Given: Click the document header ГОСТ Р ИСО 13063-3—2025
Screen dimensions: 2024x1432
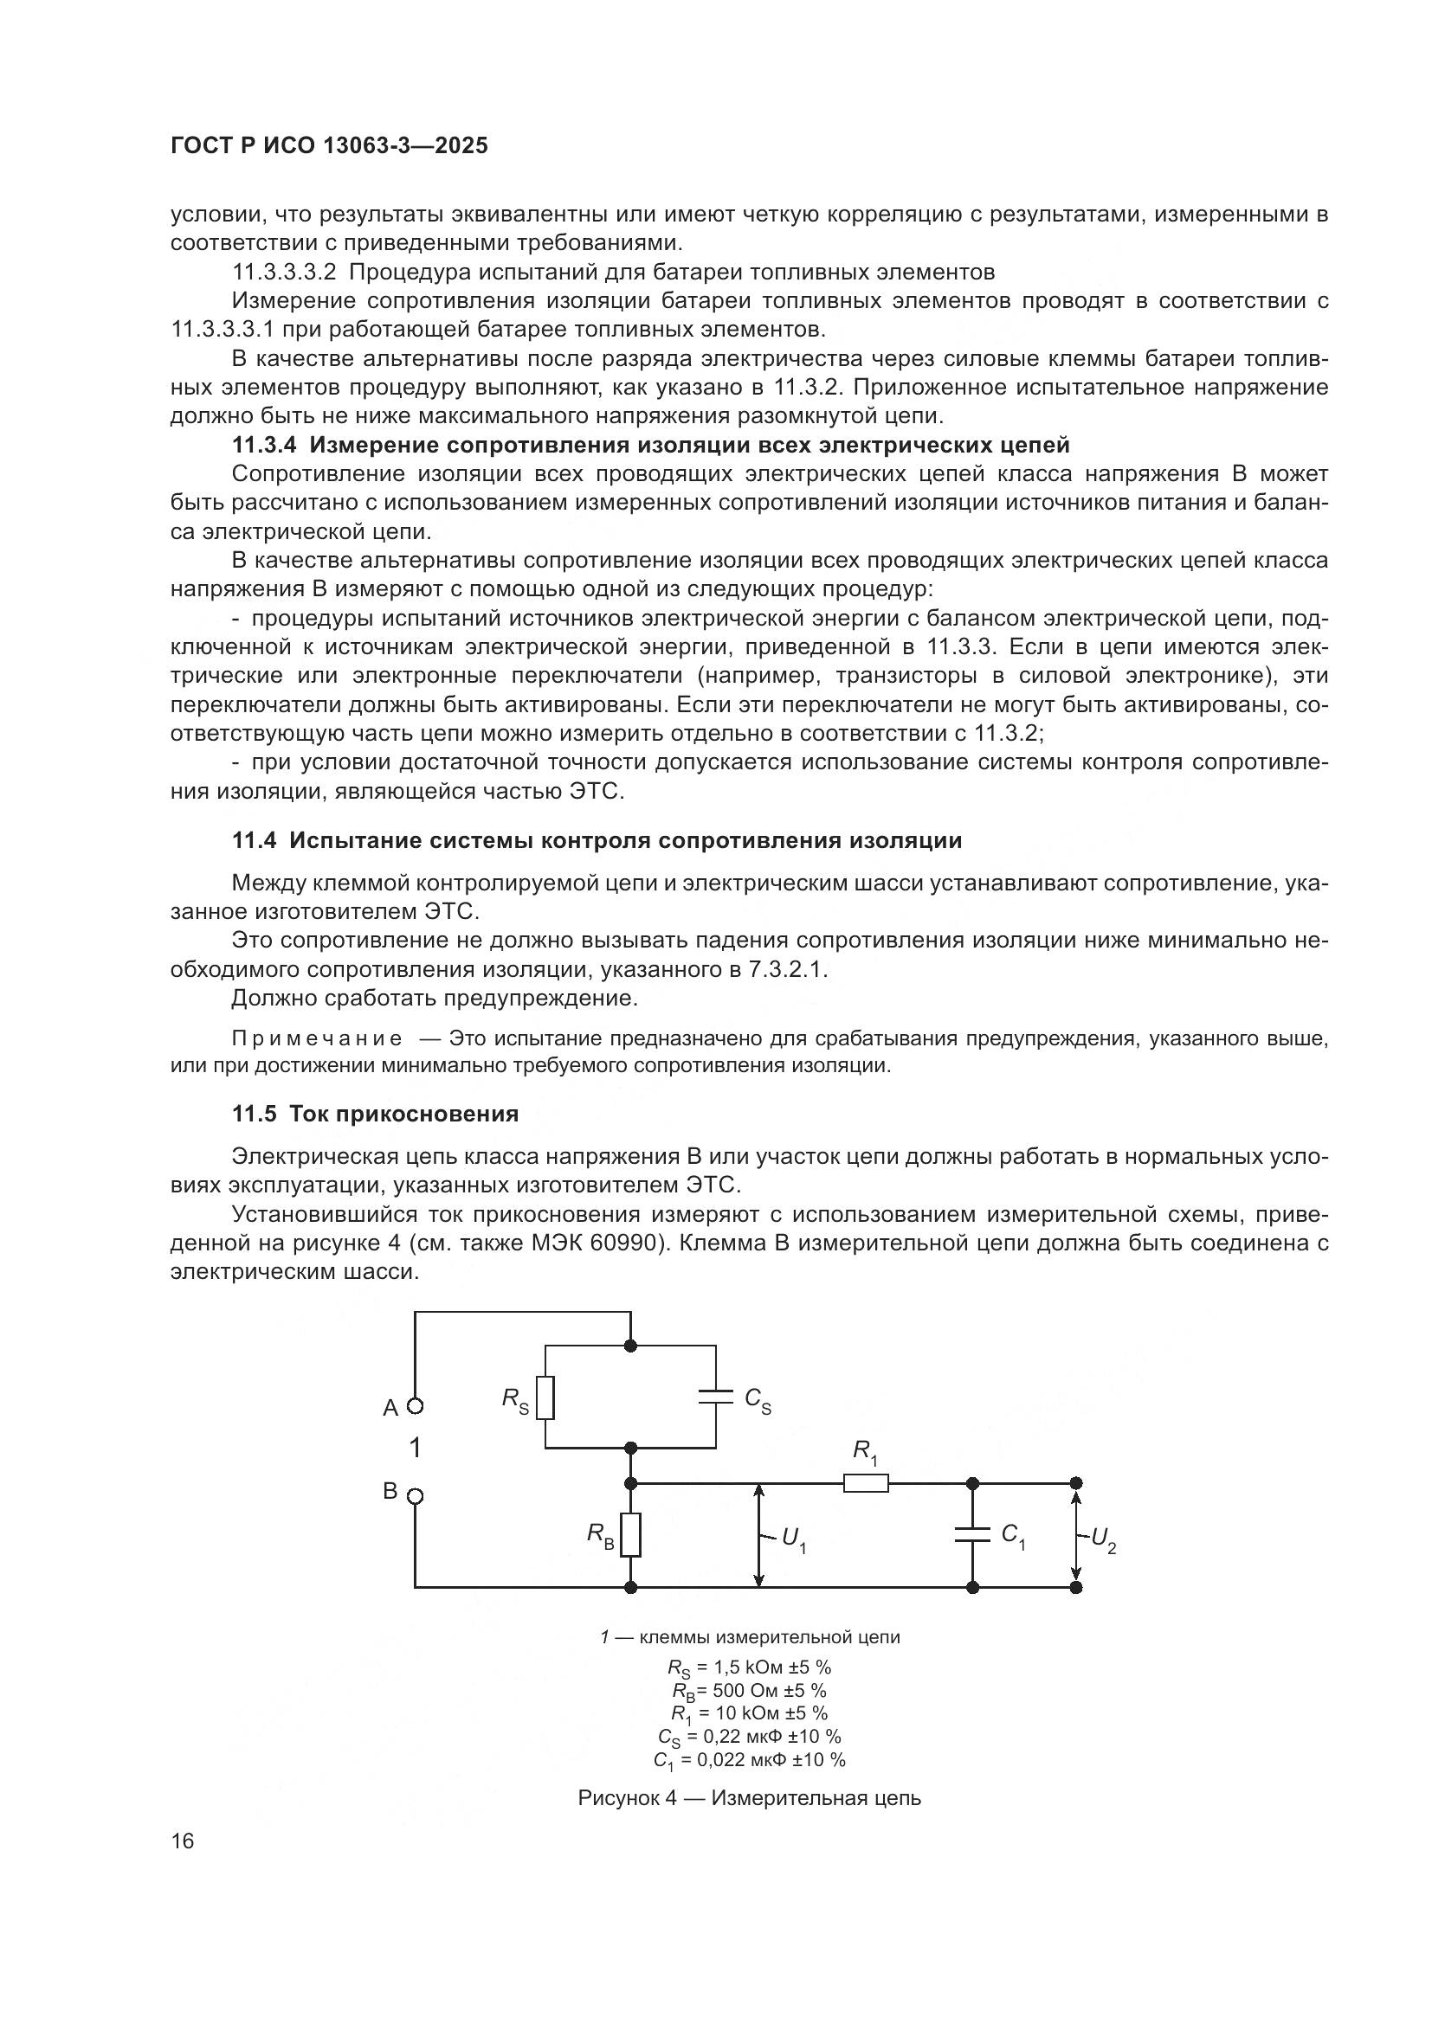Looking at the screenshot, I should (x=329, y=146).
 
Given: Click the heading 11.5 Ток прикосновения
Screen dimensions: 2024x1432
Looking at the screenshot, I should (x=375, y=1115).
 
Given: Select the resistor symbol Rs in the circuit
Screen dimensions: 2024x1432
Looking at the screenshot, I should (x=545, y=1398).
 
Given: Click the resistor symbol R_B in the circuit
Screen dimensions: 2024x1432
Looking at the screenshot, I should (x=630, y=1535).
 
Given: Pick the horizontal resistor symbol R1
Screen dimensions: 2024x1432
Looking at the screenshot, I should (x=865, y=1484).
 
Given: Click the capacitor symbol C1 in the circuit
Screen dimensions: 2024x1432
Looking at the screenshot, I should (x=972, y=1535).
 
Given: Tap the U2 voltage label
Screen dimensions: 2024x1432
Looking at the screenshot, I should (x=1103, y=1539).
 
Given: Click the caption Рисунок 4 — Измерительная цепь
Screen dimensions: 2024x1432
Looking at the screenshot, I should (x=749, y=1797).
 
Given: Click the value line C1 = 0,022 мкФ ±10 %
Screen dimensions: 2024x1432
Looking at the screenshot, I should (x=749, y=1759).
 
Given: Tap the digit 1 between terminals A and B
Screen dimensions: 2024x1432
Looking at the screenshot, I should (x=416, y=1449).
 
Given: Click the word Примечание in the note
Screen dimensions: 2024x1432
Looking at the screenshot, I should (x=317, y=1039).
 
